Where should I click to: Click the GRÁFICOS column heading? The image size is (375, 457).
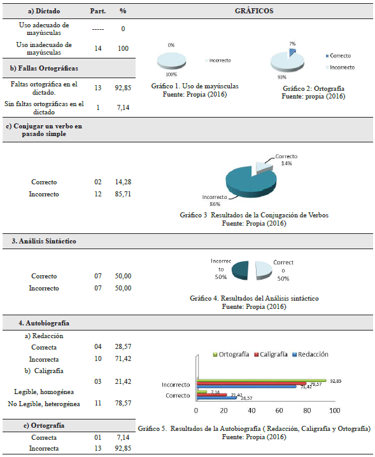(x=254, y=11)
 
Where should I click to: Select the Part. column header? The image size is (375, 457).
(x=98, y=11)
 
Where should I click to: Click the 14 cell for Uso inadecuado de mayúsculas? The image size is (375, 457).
(x=98, y=48)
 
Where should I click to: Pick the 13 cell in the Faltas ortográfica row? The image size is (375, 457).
(x=98, y=88)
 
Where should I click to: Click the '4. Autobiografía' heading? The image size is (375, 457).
(x=42, y=323)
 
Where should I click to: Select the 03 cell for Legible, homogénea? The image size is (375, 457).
(x=98, y=381)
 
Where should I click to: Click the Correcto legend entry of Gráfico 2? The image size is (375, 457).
(x=341, y=56)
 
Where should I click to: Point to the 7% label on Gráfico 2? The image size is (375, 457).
(x=292, y=44)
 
